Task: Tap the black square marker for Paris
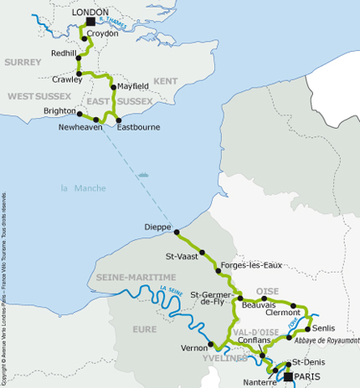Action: click(x=288, y=377)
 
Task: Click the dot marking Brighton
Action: click(x=80, y=113)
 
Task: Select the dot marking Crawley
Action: click(x=79, y=74)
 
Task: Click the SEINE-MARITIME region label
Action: click(x=136, y=277)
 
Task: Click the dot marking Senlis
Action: click(x=308, y=328)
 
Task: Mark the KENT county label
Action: click(x=167, y=80)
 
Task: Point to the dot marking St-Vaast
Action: click(x=202, y=250)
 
